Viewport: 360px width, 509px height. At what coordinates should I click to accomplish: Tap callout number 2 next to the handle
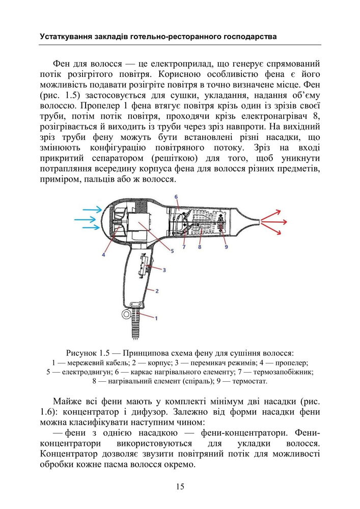pos(157,291)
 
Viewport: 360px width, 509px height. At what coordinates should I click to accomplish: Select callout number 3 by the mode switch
pos(164,270)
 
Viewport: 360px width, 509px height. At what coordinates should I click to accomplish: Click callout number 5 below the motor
pos(172,250)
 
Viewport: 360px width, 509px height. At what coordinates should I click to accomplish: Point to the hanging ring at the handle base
pos(126,314)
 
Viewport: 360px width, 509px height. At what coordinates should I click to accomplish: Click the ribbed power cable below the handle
pos(137,323)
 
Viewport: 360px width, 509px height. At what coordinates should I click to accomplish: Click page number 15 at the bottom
pos(180,487)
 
